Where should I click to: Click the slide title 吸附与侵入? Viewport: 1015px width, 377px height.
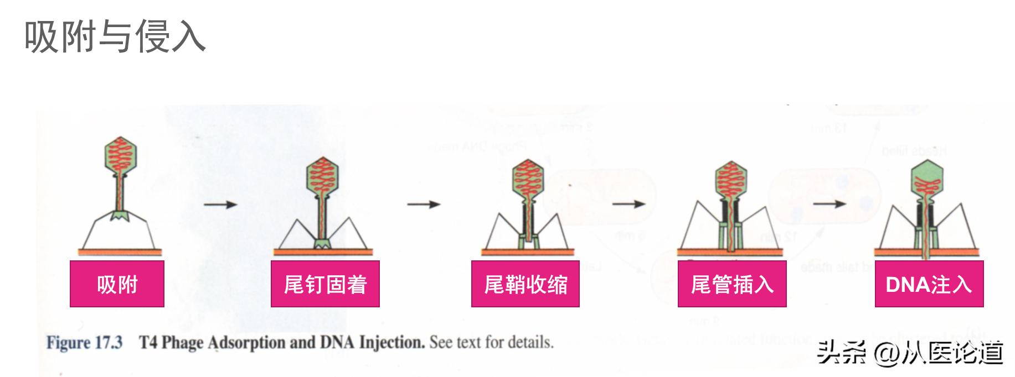(115, 37)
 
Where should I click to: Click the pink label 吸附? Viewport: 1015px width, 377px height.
(117, 284)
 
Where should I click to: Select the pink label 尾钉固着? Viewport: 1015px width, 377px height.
(325, 284)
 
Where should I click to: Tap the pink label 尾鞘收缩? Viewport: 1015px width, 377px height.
(525, 284)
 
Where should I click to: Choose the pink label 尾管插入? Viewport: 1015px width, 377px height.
(732, 284)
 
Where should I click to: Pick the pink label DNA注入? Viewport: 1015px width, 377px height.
(929, 284)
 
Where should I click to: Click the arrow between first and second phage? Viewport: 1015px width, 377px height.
(220, 205)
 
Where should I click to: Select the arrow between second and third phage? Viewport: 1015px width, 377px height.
(424, 205)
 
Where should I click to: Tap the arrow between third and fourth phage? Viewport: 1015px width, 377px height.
(628, 204)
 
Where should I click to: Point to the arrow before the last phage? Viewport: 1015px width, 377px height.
(829, 204)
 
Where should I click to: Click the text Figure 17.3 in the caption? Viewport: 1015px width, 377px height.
(84, 343)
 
